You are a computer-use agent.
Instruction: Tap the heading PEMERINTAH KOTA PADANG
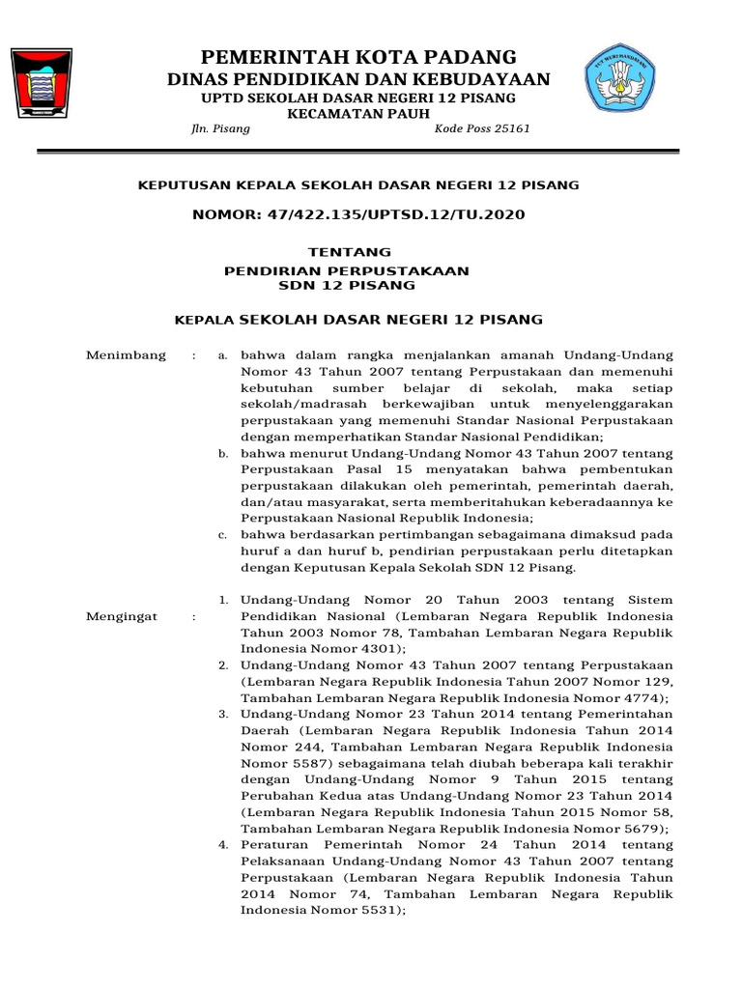[x=357, y=56]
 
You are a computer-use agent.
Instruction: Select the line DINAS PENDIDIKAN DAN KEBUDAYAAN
[x=358, y=79]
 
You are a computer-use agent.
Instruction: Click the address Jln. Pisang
[x=221, y=129]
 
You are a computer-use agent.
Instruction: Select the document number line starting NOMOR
[x=358, y=214]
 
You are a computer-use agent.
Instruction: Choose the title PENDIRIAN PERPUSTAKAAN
[x=347, y=270]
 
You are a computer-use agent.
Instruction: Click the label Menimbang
[x=127, y=355]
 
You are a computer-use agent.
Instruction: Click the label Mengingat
[x=122, y=616]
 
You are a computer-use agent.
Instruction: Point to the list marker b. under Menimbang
[x=223, y=452]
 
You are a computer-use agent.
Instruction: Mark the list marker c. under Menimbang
[x=223, y=533]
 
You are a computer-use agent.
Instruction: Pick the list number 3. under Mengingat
[x=222, y=714]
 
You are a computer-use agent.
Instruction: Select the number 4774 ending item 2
[x=644, y=697]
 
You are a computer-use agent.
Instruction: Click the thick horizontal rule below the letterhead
[x=358, y=151]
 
